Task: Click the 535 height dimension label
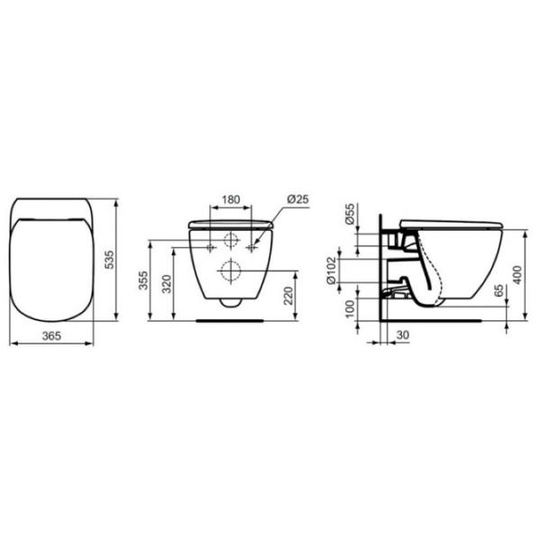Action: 108,260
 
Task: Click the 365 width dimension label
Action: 51,335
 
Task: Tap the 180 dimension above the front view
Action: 231,199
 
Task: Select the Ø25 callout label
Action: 298,199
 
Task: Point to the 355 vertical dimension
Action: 143,280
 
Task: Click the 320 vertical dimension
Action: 167,284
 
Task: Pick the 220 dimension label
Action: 289,296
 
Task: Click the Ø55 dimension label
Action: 350,214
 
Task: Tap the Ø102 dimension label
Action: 331,270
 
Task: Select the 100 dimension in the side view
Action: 350,308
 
